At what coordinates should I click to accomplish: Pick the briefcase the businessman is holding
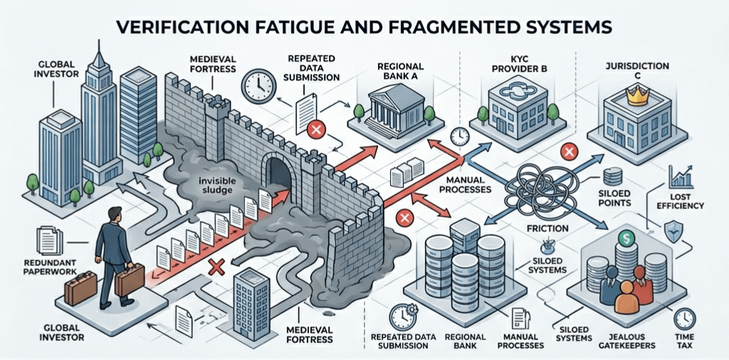pyautogui.click(x=130, y=280)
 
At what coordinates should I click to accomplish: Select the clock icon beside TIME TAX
pyautogui.click(x=684, y=318)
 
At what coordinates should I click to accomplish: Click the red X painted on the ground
pyautogui.click(x=216, y=267)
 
